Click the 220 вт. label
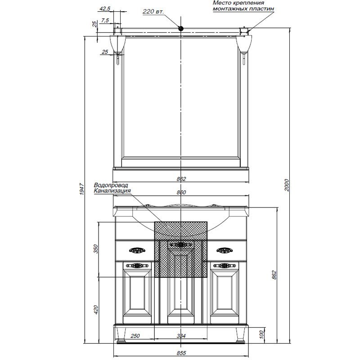[x=153, y=12]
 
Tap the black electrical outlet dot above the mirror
[x=181, y=28]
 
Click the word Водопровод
[x=111, y=185]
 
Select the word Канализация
[x=112, y=191]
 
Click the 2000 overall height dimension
[x=287, y=185]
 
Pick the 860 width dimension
[x=181, y=193]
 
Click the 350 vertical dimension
[x=96, y=249]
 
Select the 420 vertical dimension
[x=96, y=310]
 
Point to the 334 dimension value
[x=181, y=336]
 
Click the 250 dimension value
[x=135, y=336]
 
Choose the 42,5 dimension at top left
[x=105, y=9]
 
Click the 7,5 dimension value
[x=105, y=20]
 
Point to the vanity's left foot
[x=121, y=335]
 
